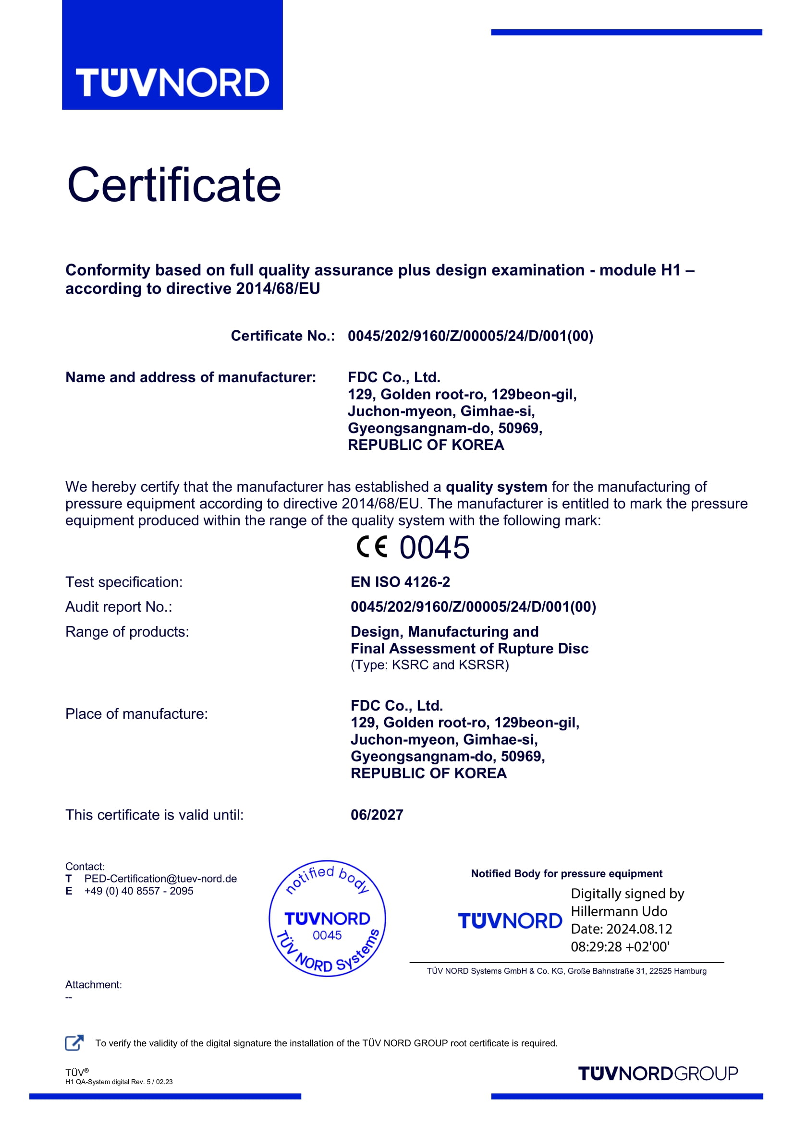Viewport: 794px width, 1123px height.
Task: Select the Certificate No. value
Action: pos(470,336)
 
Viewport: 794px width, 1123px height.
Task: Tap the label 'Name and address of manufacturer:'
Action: pos(191,377)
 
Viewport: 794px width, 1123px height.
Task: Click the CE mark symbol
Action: pos(372,547)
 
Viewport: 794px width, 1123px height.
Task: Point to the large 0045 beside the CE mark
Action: pos(434,547)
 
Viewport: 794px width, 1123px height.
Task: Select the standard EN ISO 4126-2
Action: pos(400,582)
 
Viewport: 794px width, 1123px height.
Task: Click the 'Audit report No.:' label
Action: pos(119,607)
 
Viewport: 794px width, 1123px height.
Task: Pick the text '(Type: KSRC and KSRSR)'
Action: pos(429,664)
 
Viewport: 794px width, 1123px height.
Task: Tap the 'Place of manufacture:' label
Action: pos(136,714)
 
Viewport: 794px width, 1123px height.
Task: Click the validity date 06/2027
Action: pos(377,815)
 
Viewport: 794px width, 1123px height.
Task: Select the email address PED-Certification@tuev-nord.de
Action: pos(160,879)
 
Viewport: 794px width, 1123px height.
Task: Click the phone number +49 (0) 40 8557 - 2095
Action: pos(139,891)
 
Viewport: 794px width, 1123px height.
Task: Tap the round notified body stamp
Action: pos(327,919)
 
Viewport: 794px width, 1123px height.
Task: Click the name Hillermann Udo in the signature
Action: pos(619,912)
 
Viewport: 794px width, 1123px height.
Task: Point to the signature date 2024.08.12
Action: pos(639,930)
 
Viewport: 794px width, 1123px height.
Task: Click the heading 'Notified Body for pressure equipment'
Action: pos(566,874)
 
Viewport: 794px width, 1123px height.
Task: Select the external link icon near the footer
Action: pos(74,1043)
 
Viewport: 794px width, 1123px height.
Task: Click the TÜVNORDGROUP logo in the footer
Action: pos(658,1074)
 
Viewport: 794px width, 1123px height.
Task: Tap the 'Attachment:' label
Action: pos(94,985)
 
